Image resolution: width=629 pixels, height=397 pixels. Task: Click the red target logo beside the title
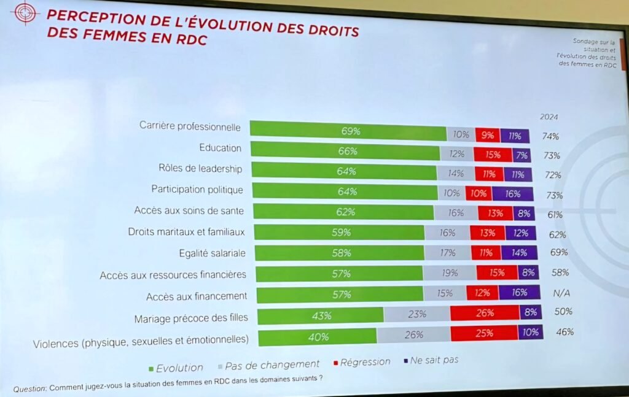(x=25, y=12)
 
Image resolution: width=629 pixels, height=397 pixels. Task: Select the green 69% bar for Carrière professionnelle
(x=348, y=131)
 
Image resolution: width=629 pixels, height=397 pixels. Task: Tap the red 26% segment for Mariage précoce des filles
(x=485, y=313)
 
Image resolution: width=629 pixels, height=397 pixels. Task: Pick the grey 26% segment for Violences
(x=413, y=335)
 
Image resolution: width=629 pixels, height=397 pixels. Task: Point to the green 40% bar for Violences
(x=318, y=337)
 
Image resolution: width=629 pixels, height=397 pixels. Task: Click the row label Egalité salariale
(x=213, y=253)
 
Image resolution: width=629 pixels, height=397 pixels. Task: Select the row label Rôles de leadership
(x=200, y=169)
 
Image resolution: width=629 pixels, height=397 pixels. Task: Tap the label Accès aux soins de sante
(x=189, y=210)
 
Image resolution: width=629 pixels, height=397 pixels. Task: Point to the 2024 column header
(x=549, y=117)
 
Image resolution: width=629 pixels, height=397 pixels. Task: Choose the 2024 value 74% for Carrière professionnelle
(x=550, y=136)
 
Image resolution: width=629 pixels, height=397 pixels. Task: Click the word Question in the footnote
(x=29, y=388)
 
